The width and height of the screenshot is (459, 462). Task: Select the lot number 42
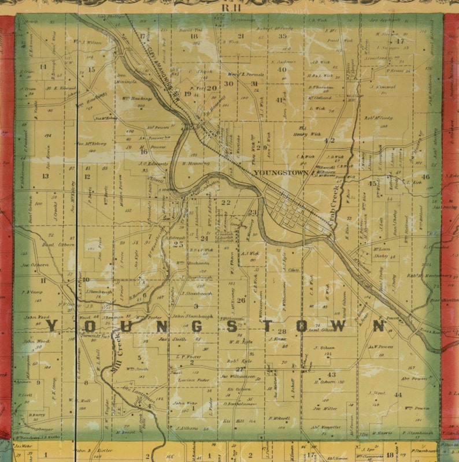pos(330,140)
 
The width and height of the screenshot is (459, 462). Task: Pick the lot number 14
pos(43,67)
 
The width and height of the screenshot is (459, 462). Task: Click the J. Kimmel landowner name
pos(384,87)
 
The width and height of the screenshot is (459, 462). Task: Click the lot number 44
pos(398,394)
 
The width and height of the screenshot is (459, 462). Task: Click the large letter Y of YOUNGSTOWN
pos(51,326)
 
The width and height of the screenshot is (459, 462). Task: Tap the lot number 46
pos(426,177)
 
